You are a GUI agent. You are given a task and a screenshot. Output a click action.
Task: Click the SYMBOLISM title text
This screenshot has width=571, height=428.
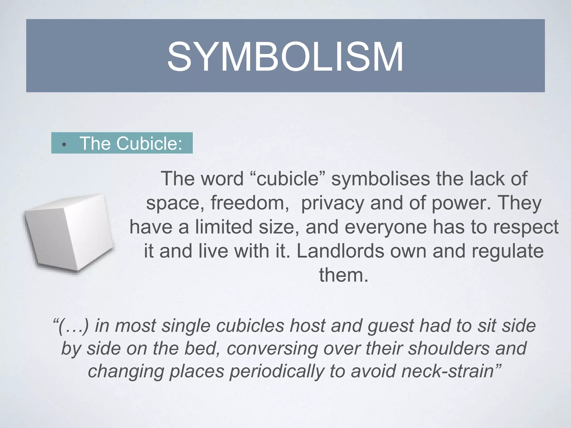285,57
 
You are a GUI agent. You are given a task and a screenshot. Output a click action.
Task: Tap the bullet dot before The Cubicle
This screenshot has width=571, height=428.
64,145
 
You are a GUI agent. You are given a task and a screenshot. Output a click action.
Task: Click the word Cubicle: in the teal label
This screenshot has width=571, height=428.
149,143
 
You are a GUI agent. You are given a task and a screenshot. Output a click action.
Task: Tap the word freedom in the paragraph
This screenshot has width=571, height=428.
250,203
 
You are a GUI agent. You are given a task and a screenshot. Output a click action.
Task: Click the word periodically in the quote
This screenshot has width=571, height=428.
277,372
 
